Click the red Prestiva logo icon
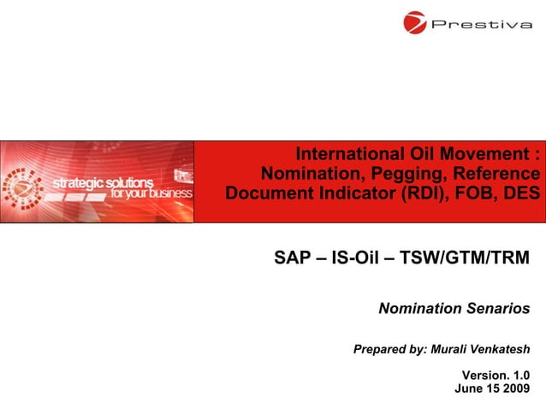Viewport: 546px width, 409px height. click(x=416, y=22)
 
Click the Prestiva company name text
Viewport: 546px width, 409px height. click(x=481, y=24)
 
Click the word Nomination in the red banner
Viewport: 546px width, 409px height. click(x=312, y=174)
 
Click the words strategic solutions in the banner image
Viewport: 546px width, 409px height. click(x=103, y=182)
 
